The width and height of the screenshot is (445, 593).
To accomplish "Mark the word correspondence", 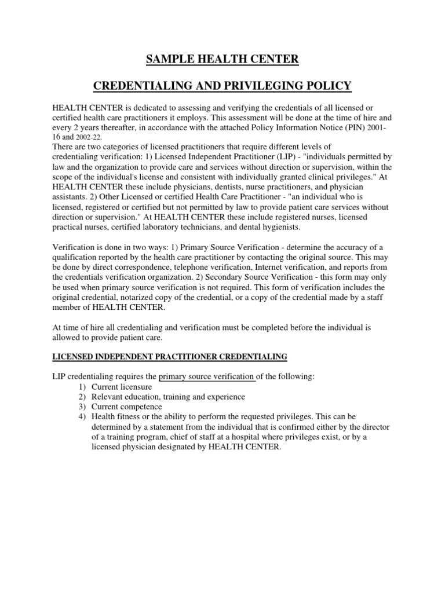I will (x=147, y=268).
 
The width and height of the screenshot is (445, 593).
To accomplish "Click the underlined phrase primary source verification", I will (x=207, y=376).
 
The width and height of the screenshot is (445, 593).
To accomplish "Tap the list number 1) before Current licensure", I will (x=81, y=386).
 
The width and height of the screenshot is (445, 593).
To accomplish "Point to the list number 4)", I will (x=81, y=416).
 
